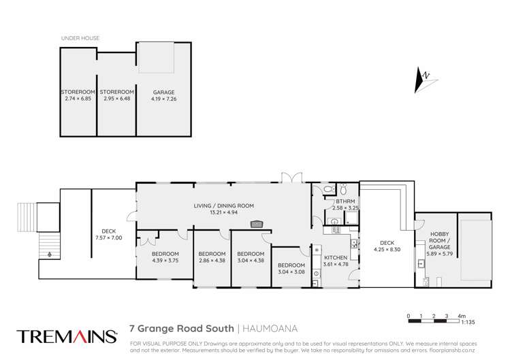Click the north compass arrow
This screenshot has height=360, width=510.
[423, 81]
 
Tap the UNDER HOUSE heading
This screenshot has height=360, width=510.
[80, 38]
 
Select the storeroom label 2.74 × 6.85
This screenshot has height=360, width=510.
[78, 95]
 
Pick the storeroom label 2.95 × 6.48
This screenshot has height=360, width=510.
[116, 95]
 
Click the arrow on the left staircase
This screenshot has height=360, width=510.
[48, 254]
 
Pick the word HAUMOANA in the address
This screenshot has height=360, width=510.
[264, 328]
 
